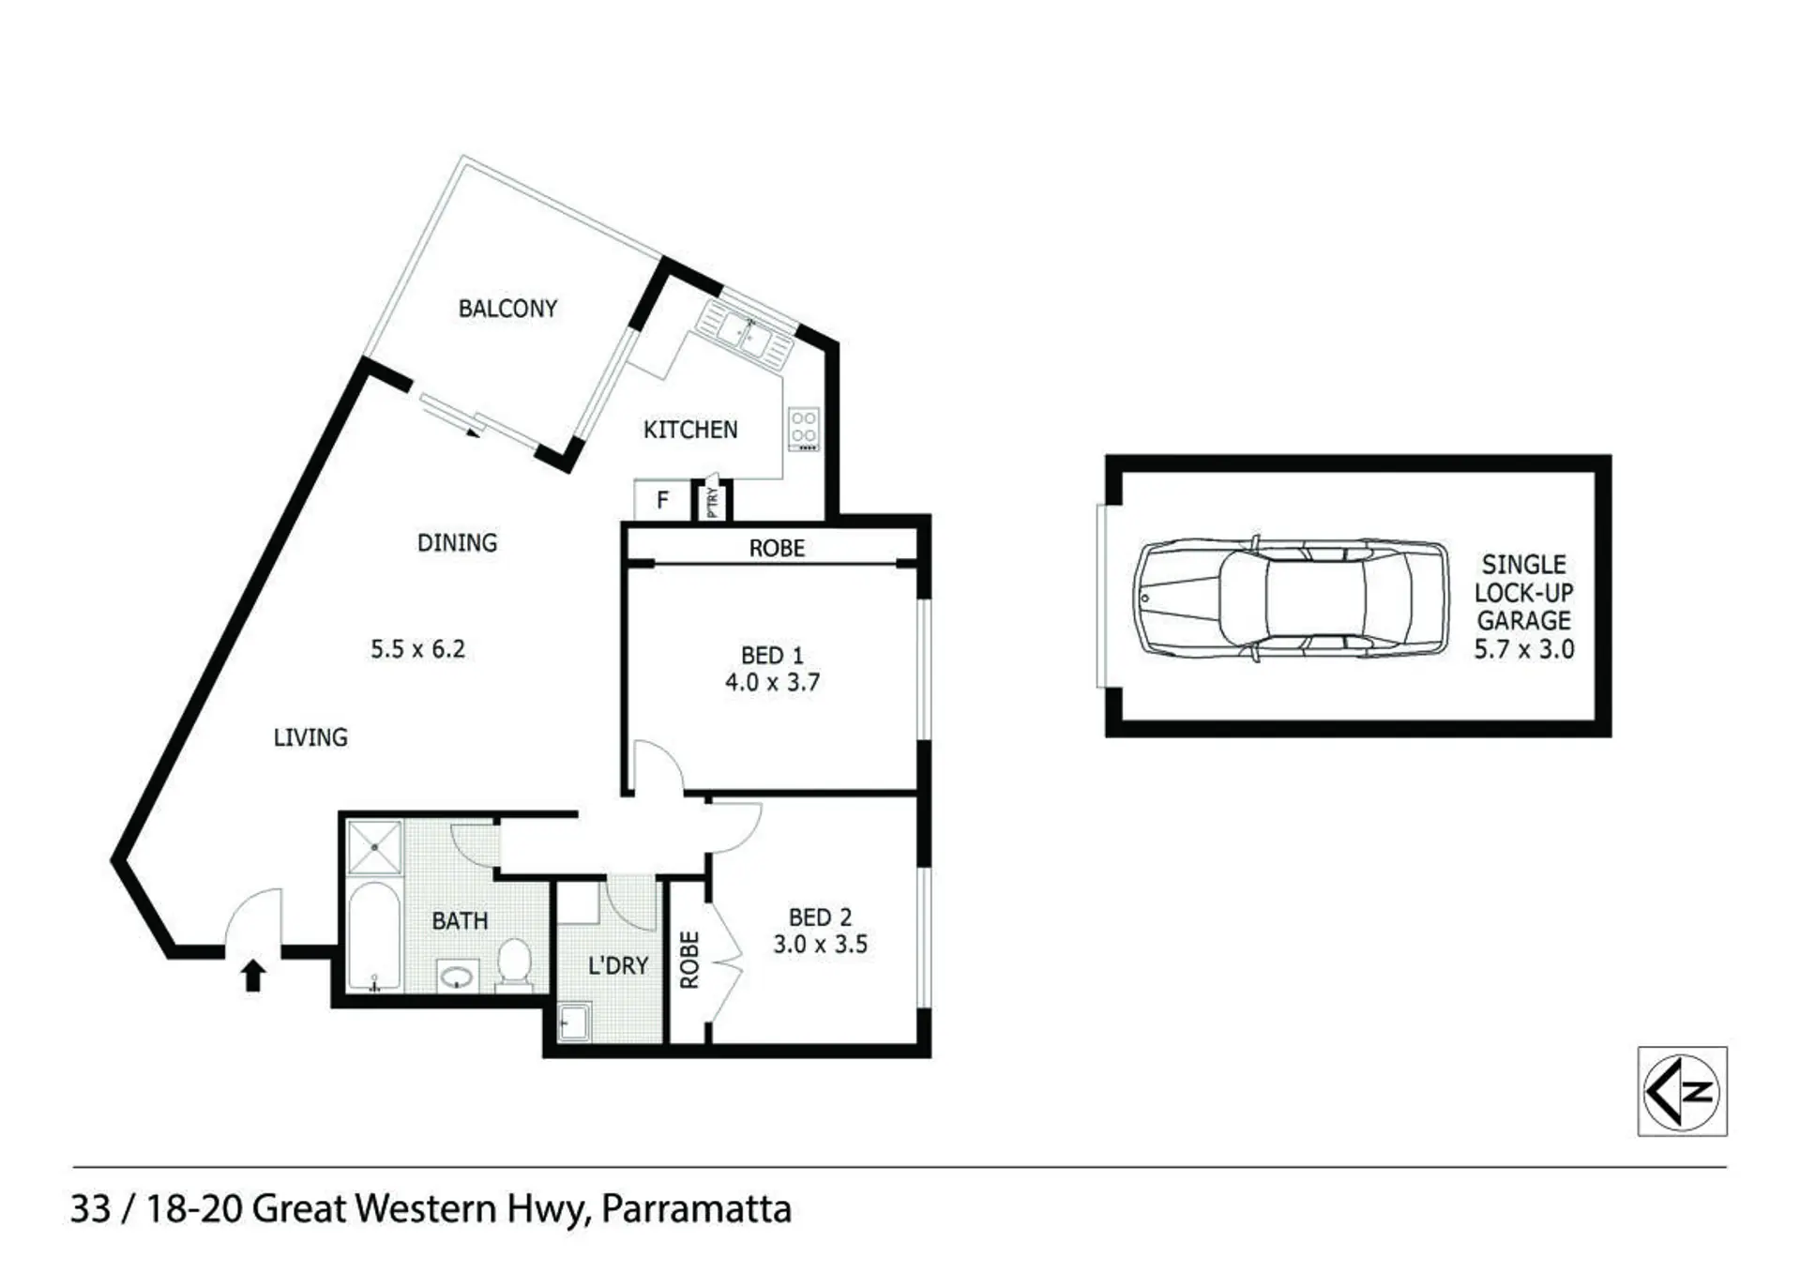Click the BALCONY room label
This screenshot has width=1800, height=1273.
(x=507, y=309)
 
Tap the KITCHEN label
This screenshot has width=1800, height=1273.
(x=690, y=430)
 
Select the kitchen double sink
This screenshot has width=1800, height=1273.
(x=745, y=333)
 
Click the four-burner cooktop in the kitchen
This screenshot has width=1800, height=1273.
(x=804, y=429)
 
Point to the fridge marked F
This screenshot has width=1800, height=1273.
(x=662, y=500)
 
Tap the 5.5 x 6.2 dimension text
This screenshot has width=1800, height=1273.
(x=417, y=649)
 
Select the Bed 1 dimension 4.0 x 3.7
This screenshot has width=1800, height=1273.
(x=772, y=682)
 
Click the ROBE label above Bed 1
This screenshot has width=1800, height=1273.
(x=777, y=548)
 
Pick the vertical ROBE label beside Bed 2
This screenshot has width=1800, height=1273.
(x=689, y=960)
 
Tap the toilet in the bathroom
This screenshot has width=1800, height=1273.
(x=514, y=964)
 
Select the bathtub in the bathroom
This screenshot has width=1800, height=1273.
(x=374, y=936)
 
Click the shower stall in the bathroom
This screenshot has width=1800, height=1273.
(x=374, y=847)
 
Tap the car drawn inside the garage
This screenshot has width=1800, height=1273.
(x=1292, y=599)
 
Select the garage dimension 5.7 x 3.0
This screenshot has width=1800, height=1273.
(x=1524, y=649)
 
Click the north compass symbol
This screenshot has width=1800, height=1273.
(x=1682, y=1091)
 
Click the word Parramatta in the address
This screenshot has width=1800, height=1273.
(x=696, y=1208)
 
